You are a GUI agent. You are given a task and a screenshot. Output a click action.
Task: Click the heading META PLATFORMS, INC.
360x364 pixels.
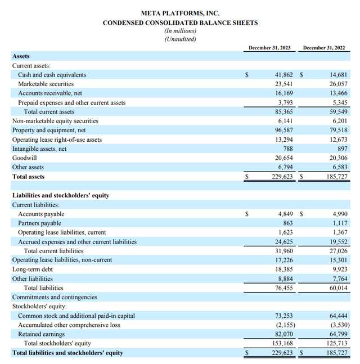tap(180, 13)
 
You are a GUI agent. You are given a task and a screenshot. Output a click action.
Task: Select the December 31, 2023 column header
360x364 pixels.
tap(269, 48)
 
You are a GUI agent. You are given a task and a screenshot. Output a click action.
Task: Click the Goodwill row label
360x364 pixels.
tap(25, 158)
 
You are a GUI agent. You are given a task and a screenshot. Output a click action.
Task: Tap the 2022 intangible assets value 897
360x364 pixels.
tap(343, 149)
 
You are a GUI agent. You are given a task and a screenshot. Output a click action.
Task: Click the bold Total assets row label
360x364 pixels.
tap(28, 177)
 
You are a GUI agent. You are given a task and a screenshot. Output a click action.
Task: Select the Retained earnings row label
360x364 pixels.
tap(42, 334)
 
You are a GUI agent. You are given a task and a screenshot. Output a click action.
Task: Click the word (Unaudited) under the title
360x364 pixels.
tap(180, 39)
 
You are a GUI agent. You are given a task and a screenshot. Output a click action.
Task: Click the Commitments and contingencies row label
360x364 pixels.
tap(55, 297)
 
